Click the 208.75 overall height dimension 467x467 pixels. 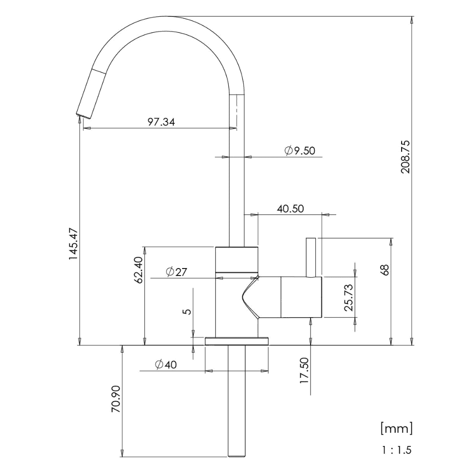tap(405, 157)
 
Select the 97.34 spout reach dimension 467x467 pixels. tap(161, 122)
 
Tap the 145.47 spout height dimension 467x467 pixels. tap(73, 244)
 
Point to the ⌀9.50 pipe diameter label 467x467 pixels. tap(300, 151)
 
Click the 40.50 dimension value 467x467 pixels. tap(290, 208)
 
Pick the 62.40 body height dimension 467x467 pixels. tap(139, 269)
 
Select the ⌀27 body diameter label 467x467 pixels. tap(177, 272)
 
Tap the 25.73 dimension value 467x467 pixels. tap(348, 297)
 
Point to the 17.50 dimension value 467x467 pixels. tap(304, 370)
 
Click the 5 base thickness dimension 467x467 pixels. tap(187, 312)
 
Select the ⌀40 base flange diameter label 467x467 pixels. tap(166, 365)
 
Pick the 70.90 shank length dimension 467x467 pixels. tap(116, 399)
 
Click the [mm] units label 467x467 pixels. tap(396, 428)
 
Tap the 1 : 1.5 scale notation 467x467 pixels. tap(397, 450)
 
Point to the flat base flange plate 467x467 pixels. tap(237, 341)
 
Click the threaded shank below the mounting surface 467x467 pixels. tap(237, 401)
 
